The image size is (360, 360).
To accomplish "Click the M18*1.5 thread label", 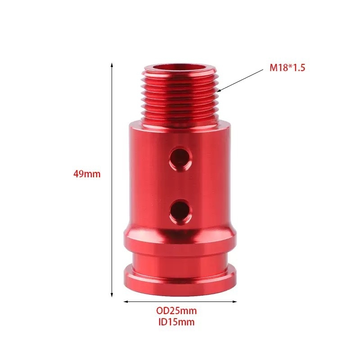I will (x=288, y=68).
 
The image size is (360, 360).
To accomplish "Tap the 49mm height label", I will (x=87, y=174).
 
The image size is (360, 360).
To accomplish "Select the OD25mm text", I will (x=176, y=310).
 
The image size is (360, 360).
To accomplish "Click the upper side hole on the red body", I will (x=180, y=158).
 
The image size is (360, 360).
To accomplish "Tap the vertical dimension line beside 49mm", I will (x=112, y=135).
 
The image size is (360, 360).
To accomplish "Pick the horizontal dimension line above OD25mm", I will (x=180, y=301).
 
